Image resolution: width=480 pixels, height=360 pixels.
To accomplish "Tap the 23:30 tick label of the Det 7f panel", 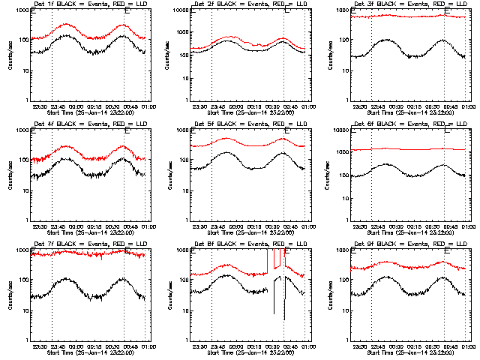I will (40, 346).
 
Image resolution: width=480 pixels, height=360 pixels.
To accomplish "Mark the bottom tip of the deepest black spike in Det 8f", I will (283, 319).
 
